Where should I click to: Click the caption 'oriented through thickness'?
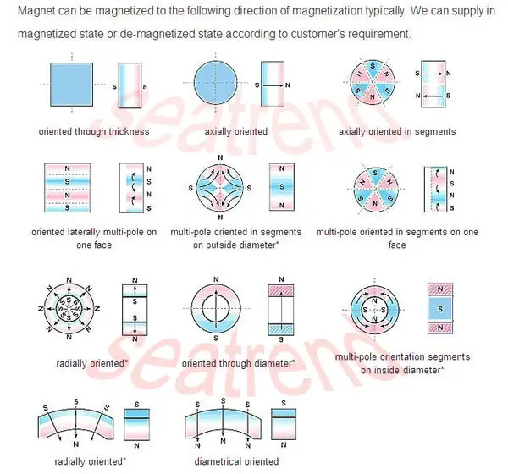93,131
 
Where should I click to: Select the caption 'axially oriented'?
235,131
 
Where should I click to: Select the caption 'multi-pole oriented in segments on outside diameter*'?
235,239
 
